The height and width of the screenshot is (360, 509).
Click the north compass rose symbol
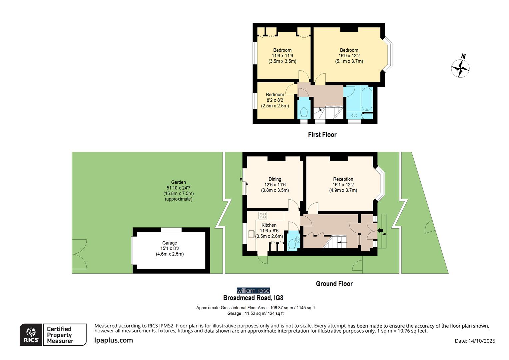[460, 67]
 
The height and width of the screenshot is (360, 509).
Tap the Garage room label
[170, 243]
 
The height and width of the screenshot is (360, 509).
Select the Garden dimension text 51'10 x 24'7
[179, 188]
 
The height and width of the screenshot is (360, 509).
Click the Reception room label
[343, 179]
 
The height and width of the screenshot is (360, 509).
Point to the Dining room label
[275, 179]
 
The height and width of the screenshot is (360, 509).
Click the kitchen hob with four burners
[263, 215]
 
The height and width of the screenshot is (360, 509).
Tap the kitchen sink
[251, 234]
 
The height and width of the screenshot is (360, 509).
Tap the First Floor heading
[322, 135]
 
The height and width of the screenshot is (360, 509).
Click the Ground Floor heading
[334, 284]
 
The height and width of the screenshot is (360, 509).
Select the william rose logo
[253, 291]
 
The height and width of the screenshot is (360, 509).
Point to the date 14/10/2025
[475, 341]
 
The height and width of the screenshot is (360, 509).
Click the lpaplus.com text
[114, 340]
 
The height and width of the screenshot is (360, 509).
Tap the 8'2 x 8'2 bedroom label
[275, 100]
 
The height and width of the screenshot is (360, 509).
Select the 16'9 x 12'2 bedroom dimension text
[349, 56]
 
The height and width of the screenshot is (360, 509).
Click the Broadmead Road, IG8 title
[253, 298]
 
